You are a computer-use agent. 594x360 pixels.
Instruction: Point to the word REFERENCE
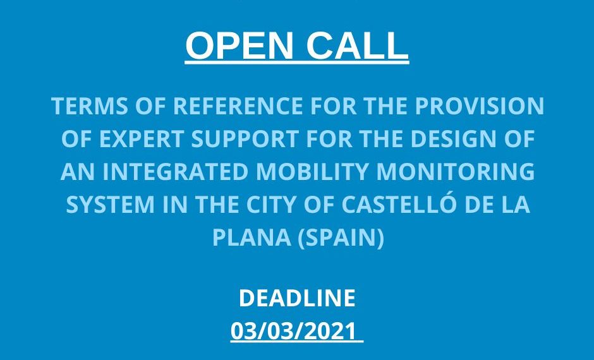pyautogui.click(x=238, y=105)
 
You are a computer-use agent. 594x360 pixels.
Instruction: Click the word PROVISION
pyautogui.click(x=480, y=105)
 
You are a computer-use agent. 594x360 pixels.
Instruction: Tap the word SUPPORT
pyautogui.click(x=245, y=138)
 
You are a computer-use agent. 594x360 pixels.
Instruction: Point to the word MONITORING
pyautogui.click(x=456, y=172)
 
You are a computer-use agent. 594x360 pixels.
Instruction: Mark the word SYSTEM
pyautogui.click(x=111, y=205)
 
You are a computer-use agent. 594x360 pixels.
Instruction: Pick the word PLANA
pyautogui.click(x=252, y=237)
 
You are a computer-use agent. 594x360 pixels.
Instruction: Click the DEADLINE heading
pyautogui.click(x=297, y=297)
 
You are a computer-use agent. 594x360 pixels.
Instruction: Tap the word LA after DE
pyautogui.click(x=516, y=205)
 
